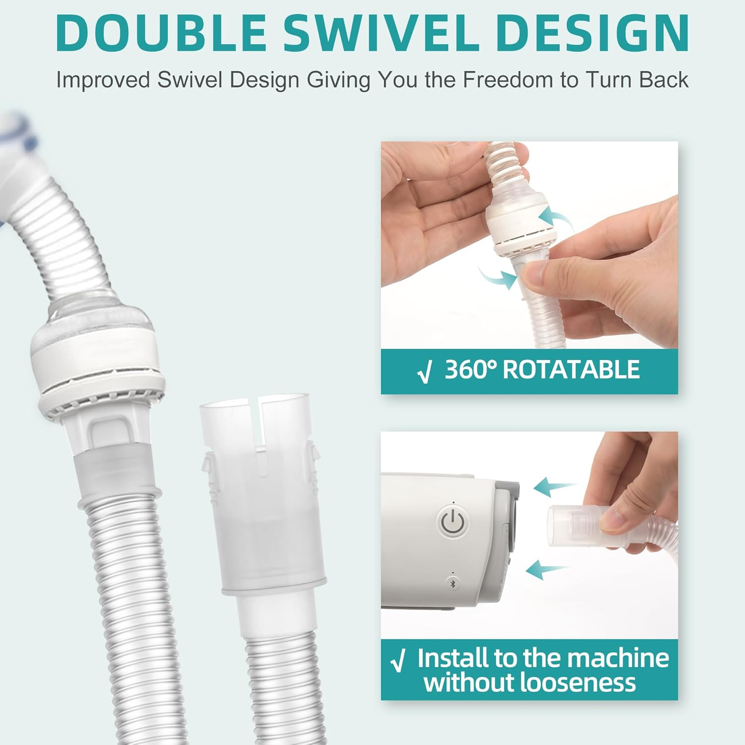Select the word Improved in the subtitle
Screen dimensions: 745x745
tap(103, 80)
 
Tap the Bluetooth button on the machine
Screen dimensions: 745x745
tap(452, 584)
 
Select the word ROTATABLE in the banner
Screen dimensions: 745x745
tap(571, 370)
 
